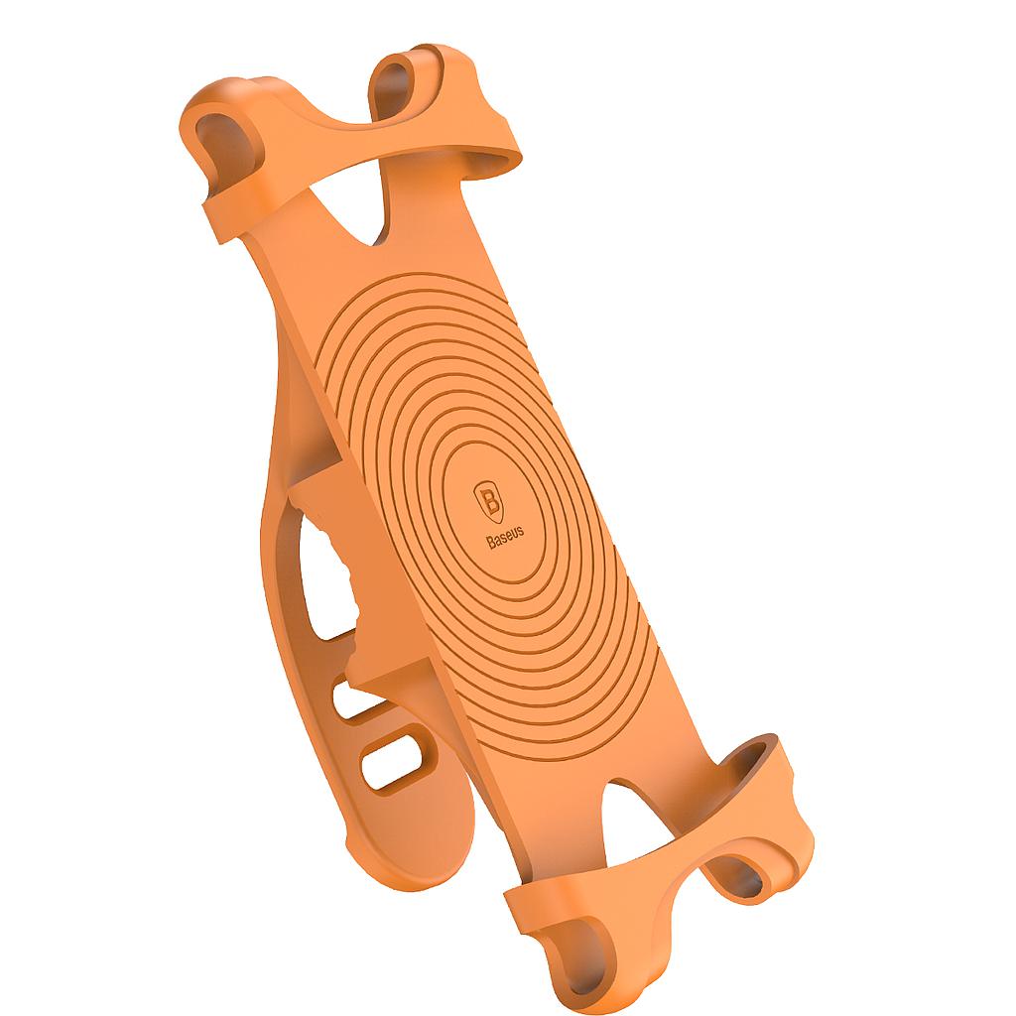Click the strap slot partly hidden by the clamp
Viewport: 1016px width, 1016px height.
[x=349, y=699]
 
